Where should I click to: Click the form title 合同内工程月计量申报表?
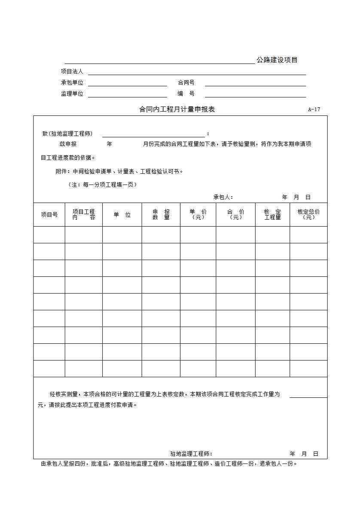tap(177, 109)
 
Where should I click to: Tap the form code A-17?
tap(314, 109)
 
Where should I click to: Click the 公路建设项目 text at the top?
tap(277, 60)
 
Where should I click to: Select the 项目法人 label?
tap(72, 71)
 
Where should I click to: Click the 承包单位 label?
tap(72, 82)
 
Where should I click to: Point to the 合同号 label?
tap(186, 82)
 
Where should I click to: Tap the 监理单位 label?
tap(72, 94)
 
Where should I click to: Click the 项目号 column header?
tap(49, 215)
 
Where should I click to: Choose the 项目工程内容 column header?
tap(84, 215)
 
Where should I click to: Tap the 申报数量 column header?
tap(161, 215)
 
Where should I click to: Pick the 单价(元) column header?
tap(198, 215)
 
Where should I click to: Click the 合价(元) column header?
tap(236, 215)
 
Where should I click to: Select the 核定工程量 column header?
tap(272, 215)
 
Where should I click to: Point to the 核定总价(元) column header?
tap(308, 215)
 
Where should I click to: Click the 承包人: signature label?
tap(223, 197)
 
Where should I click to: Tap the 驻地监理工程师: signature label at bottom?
tap(191, 454)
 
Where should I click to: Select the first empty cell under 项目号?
tap(49, 235)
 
